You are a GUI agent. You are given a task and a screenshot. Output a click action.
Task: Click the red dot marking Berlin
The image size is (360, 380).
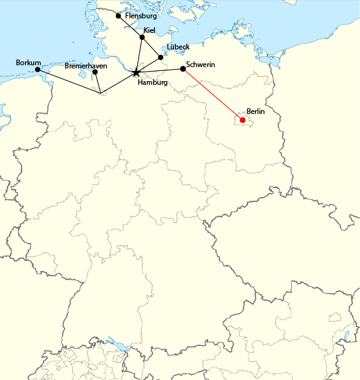pyautogui.click(x=243, y=120)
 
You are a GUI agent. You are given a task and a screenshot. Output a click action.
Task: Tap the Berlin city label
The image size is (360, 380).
pyautogui.click(x=255, y=111)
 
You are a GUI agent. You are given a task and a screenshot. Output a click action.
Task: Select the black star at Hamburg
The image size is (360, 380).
pyautogui.click(x=136, y=73)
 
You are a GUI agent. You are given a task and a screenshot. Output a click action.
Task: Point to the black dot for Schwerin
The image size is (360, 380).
pyautogui.click(x=183, y=68)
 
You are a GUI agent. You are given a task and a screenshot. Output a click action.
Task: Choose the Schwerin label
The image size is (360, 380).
pyautogui.click(x=201, y=65)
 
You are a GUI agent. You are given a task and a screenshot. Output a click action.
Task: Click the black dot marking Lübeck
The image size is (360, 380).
pyautogui.click(x=161, y=57)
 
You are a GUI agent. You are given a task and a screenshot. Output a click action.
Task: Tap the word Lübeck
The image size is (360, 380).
pyautogui.click(x=178, y=47)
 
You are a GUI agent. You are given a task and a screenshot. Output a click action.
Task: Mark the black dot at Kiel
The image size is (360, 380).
pyautogui.click(x=142, y=37)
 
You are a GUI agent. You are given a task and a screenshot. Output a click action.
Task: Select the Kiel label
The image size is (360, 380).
pyautogui.click(x=149, y=30)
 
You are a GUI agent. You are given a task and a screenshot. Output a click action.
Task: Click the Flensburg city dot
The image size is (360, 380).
pyautogui.click(x=118, y=16)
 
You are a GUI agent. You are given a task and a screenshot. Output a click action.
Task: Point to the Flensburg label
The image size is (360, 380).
pyautogui.click(x=141, y=16)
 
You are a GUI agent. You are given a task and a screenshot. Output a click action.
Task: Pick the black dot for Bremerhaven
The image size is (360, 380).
pyautogui.click(x=95, y=72)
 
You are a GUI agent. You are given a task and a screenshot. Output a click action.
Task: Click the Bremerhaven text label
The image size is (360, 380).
pyautogui.click(x=85, y=65)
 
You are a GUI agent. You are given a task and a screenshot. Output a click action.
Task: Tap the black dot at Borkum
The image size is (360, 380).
pyautogui.click(x=37, y=69)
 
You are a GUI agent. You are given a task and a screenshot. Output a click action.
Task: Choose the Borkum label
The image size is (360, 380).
pyautogui.click(x=28, y=63)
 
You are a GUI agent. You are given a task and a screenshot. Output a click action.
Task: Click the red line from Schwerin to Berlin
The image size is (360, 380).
pyautogui.click(x=213, y=94)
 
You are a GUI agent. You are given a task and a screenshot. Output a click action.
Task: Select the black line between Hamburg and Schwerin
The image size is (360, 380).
pyautogui.click(x=159, y=71)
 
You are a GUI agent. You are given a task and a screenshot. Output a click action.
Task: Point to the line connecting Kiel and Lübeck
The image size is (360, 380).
pyautogui.click(x=151, y=47)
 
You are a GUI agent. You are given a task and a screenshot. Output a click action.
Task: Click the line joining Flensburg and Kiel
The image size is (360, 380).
pyautogui.click(x=130, y=27)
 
